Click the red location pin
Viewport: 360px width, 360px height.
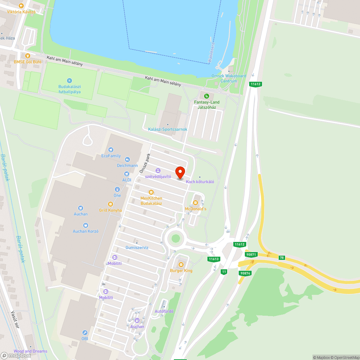point(180,172)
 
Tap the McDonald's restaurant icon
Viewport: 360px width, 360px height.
point(196,203)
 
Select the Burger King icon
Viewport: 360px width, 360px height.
point(181,265)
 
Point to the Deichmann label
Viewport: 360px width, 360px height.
point(127,166)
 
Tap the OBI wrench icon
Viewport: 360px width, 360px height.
point(85,333)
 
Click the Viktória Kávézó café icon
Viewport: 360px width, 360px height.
point(21,6)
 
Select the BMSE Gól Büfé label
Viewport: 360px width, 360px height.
point(28,62)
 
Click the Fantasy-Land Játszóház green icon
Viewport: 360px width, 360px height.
point(207,96)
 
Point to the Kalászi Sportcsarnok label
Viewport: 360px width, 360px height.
point(168,129)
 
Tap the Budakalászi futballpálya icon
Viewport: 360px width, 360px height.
point(70,81)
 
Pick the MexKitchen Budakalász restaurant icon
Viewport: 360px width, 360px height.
point(151,192)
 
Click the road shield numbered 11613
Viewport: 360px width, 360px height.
point(214,259)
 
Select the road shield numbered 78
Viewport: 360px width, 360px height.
point(282,257)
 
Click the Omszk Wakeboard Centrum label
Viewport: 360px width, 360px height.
point(229,78)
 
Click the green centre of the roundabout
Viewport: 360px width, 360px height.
point(175,238)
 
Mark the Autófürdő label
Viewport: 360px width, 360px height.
point(164,311)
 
